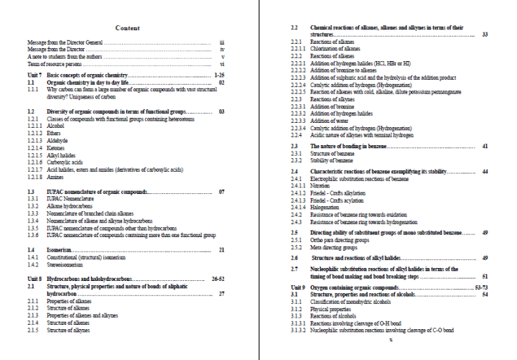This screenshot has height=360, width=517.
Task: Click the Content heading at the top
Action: click(127, 28)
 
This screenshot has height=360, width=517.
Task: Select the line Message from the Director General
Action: click(65, 43)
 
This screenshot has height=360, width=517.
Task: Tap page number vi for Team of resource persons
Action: click(223, 64)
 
